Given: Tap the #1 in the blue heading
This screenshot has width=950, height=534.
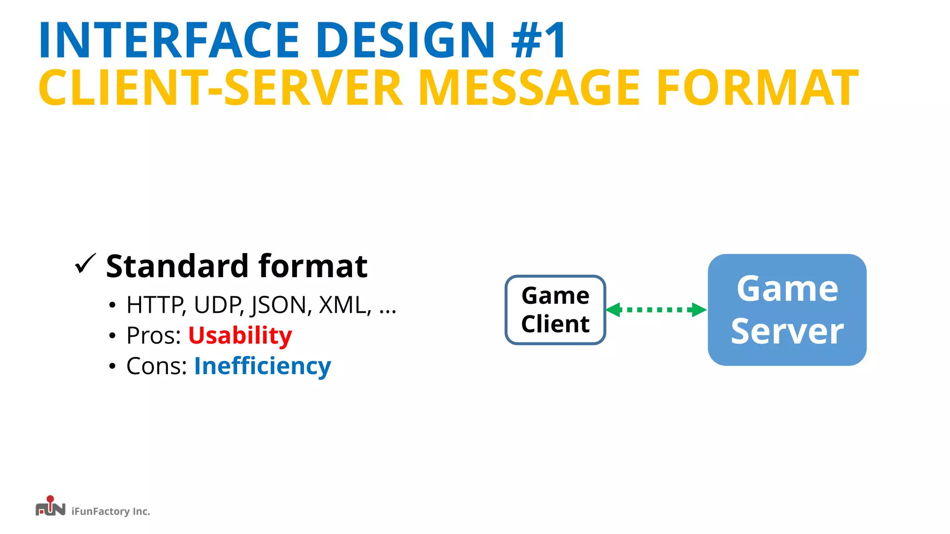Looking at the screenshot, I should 538,40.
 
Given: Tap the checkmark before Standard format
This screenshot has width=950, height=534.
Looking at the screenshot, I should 85,264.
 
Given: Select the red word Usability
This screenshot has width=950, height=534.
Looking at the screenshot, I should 240,335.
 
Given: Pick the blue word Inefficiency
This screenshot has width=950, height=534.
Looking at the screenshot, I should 263,366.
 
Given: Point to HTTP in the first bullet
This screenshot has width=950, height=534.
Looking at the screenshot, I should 155,305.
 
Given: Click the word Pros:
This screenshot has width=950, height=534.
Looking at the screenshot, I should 154,335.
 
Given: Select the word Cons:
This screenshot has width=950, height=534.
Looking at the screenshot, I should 157,366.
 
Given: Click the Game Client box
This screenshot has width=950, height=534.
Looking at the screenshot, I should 555,310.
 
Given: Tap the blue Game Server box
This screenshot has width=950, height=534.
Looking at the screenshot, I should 787,310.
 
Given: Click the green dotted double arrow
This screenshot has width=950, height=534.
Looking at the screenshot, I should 656,310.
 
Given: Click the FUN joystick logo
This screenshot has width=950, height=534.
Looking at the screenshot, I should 50,507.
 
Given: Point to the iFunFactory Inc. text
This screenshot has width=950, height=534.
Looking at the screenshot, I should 111,511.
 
